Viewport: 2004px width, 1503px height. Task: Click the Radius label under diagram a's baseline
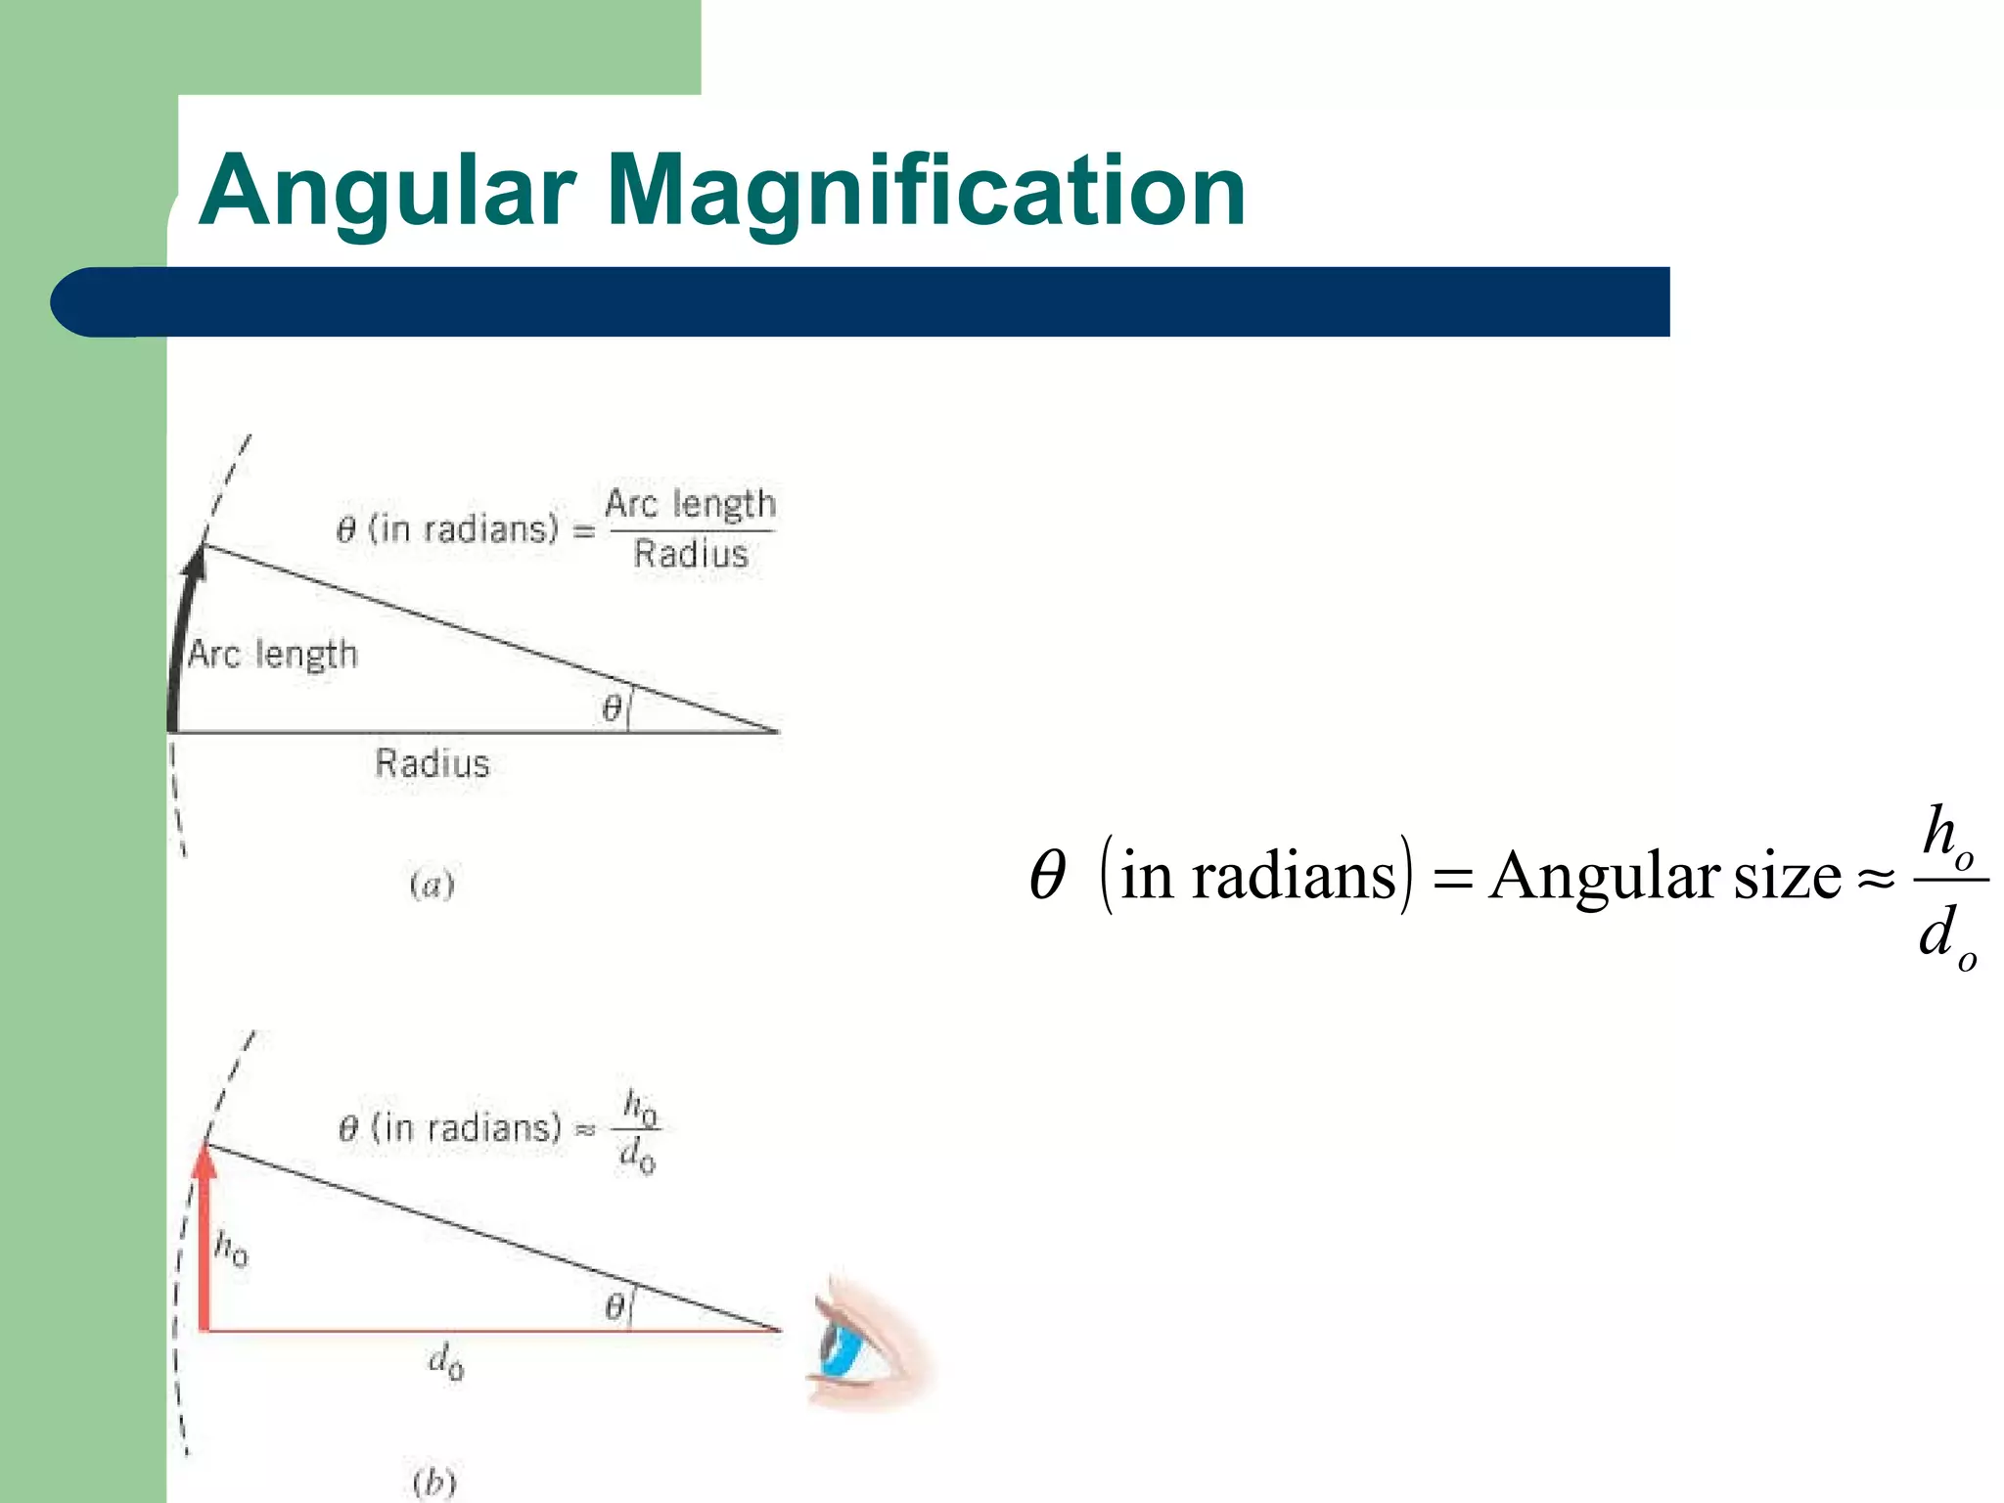tap(432, 763)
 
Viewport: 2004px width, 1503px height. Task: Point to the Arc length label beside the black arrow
tap(273, 654)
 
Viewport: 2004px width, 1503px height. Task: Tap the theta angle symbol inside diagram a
tap(612, 707)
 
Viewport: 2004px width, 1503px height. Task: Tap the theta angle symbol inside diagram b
tap(615, 1306)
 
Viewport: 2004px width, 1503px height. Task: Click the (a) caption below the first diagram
tap(432, 886)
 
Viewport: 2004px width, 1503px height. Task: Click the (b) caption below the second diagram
tap(434, 1482)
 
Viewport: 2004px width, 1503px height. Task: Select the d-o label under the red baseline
tap(446, 1362)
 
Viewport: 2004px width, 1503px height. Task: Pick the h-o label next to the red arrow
tap(231, 1248)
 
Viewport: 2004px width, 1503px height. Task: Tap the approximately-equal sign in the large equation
tap(1876, 878)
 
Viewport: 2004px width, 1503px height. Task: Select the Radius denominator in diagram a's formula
tap(691, 555)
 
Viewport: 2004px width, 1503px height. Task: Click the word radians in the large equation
tap(1294, 876)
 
